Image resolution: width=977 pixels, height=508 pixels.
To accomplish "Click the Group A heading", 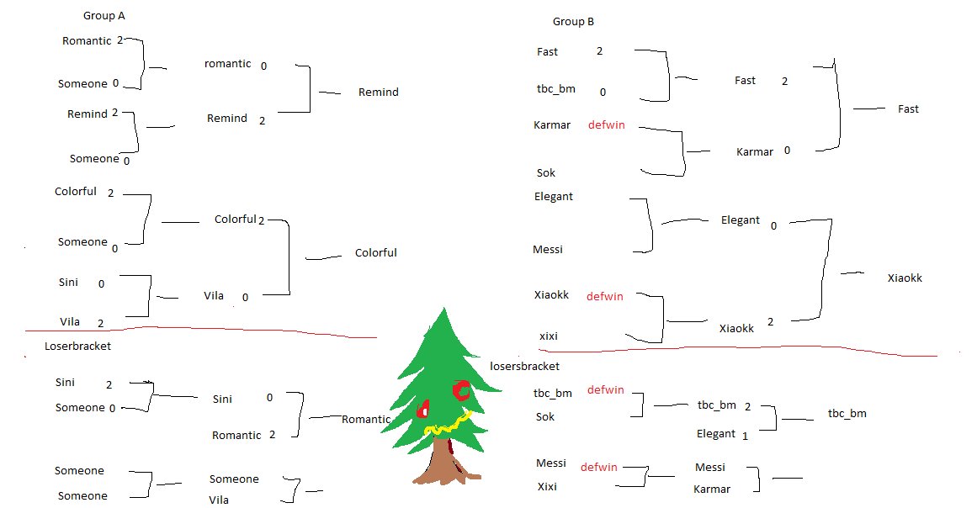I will pyautogui.click(x=104, y=16).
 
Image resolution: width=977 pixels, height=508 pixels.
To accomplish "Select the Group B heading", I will pyautogui.click(x=574, y=22).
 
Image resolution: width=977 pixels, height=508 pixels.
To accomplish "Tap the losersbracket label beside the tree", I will pyautogui.click(x=524, y=366).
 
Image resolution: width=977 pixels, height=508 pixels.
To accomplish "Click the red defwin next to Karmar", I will pyautogui.click(x=606, y=125).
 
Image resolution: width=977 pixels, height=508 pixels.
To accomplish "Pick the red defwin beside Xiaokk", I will pyautogui.click(x=604, y=296).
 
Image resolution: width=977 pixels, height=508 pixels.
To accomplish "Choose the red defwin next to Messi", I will pyautogui.click(x=598, y=466).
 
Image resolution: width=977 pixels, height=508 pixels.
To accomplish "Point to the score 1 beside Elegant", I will pyautogui.click(x=745, y=435).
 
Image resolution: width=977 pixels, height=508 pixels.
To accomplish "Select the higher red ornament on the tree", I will pyautogui.click(x=461, y=390).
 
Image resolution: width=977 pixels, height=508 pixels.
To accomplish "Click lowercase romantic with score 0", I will pyautogui.click(x=227, y=64).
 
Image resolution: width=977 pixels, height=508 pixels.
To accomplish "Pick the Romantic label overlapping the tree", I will pyautogui.click(x=366, y=419).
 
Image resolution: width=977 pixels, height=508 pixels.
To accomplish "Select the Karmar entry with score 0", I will pyautogui.click(x=754, y=152).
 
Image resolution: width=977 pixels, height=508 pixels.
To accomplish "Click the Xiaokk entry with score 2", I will pyautogui.click(x=736, y=329).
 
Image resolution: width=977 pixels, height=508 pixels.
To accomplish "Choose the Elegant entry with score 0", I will pyautogui.click(x=740, y=220).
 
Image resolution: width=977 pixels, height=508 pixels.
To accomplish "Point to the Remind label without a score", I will pyautogui.click(x=378, y=92).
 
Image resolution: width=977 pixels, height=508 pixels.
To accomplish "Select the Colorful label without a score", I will pyautogui.click(x=375, y=252).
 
